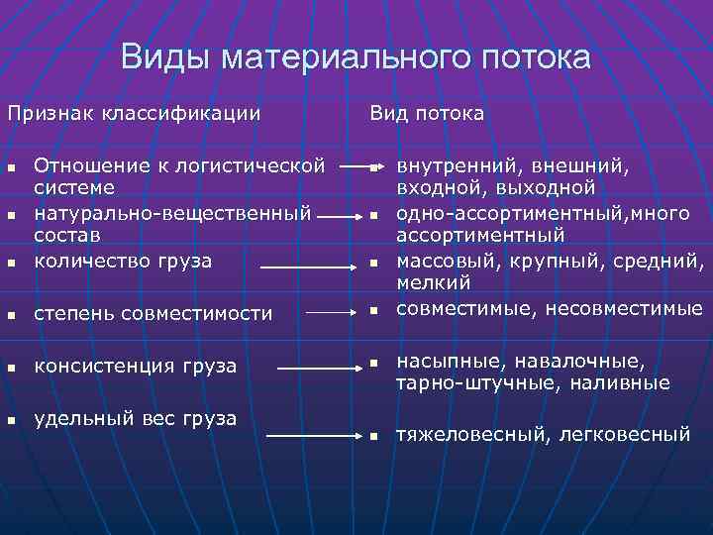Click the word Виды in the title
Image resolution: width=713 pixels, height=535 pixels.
click(166, 56)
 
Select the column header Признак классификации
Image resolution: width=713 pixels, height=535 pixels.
click(135, 114)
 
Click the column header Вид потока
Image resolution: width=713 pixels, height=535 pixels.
click(427, 114)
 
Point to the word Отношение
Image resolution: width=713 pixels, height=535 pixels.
click(97, 163)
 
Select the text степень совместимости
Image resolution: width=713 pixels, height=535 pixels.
click(153, 314)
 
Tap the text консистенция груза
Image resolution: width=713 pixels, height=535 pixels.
click(136, 367)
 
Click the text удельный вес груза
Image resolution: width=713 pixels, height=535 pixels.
click(136, 418)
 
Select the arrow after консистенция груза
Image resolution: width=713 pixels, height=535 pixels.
click(317, 368)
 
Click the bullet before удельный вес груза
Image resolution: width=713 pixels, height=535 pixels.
click(12, 419)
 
